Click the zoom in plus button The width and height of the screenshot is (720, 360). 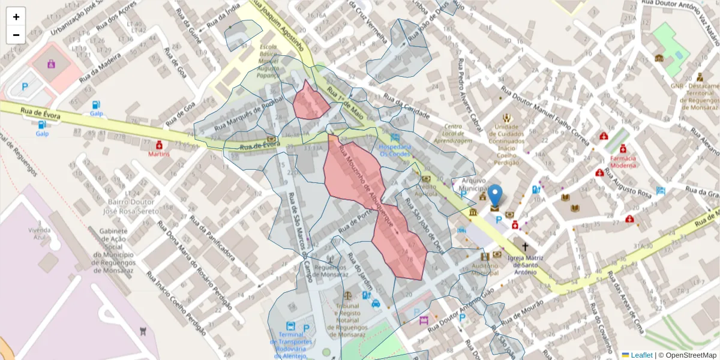pos(16,17)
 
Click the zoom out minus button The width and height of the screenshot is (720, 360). pos(16,35)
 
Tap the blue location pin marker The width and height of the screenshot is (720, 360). pos(495,197)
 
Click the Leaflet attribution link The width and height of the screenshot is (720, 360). pos(641,355)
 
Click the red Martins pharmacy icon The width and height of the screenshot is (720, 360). pos(159,145)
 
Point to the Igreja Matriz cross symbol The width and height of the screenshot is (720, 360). pos(526,247)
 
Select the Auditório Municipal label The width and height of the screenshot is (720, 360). pos(485,269)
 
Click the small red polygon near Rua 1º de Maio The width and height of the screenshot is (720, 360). pos(310,103)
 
